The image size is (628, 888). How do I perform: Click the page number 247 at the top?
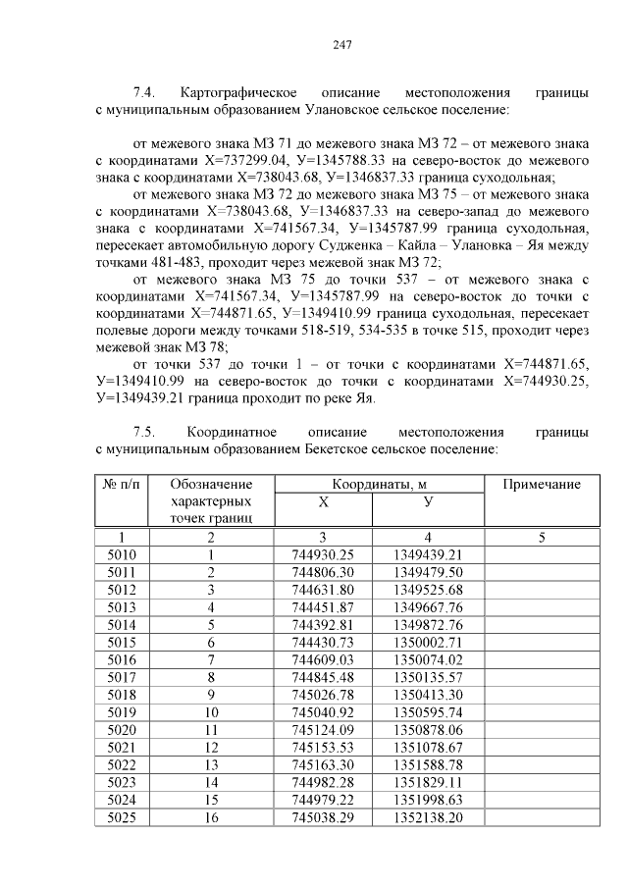pos(342,44)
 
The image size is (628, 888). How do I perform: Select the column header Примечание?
pos(542,485)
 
